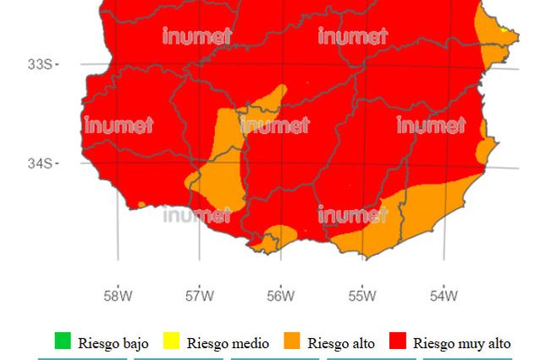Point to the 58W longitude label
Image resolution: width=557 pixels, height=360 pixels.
[x=118, y=296]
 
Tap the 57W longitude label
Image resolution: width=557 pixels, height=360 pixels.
[x=199, y=296]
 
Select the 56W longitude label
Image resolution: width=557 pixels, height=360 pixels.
[x=280, y=296]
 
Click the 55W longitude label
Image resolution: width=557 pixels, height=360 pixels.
[x=361, y=296]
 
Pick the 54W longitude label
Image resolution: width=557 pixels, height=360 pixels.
[x=443, y=296]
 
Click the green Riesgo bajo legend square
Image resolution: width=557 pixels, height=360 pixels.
[x=63, y=341]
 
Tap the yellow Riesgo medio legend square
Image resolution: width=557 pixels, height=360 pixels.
[x=171, y=341]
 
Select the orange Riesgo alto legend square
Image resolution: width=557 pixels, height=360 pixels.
[x=291, y=341]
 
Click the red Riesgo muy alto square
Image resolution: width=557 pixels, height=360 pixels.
[x=397, y=341]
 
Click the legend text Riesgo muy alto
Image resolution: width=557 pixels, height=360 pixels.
[x=462, y=343]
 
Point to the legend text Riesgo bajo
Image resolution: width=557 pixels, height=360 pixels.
[x=113, y=343]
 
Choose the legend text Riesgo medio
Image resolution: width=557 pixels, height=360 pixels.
[x=228, y=343]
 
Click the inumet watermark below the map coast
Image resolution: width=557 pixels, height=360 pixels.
[x=196, y=215]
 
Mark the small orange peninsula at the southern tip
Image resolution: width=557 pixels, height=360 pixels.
[x=268, y=243]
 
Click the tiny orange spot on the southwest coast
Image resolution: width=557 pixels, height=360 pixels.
[x=141, y=204]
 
